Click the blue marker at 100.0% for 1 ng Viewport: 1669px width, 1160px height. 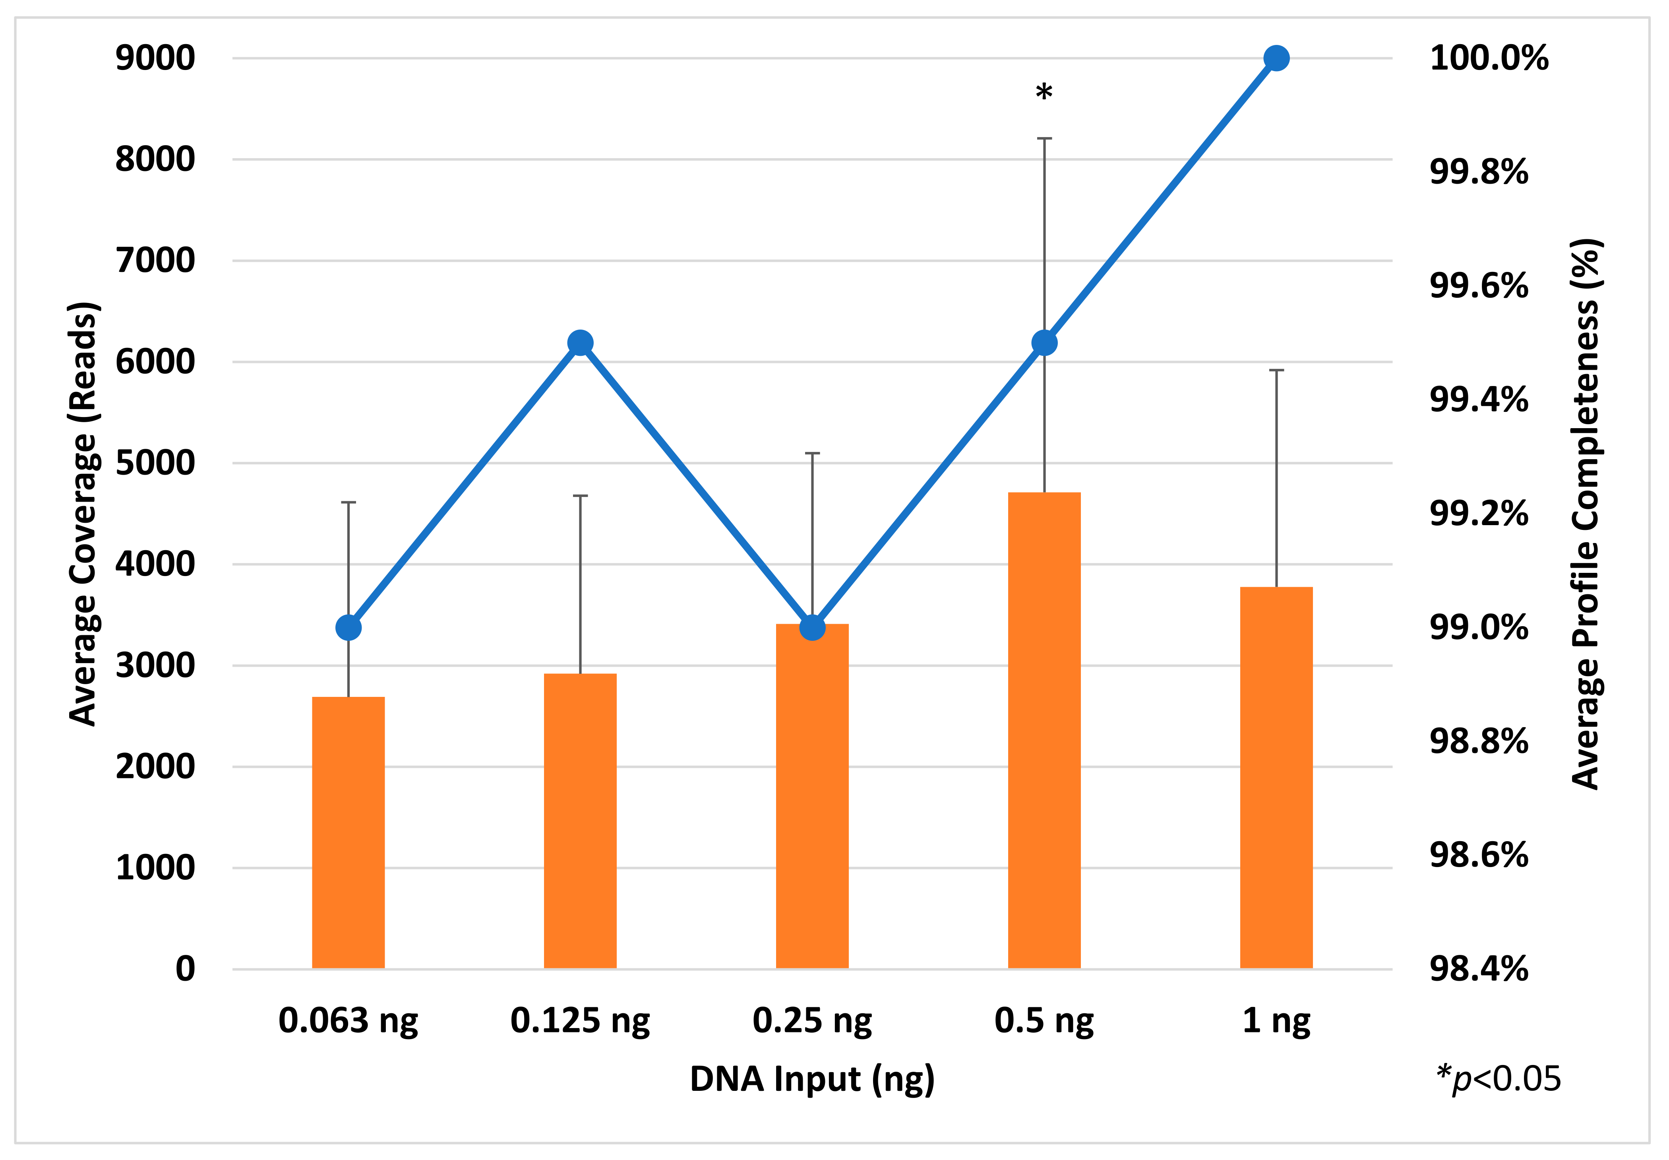click(x=1276, y=58)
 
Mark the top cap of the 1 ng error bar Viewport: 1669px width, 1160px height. click(x=1276, y=371)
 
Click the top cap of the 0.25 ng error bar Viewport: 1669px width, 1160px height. click(x=811, y=454)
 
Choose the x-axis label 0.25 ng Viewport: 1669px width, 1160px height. click(x=811, y=1020)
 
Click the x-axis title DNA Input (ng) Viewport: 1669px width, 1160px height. click(x=811, y=1079)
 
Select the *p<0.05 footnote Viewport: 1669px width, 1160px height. click(x=1498, y=1079)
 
